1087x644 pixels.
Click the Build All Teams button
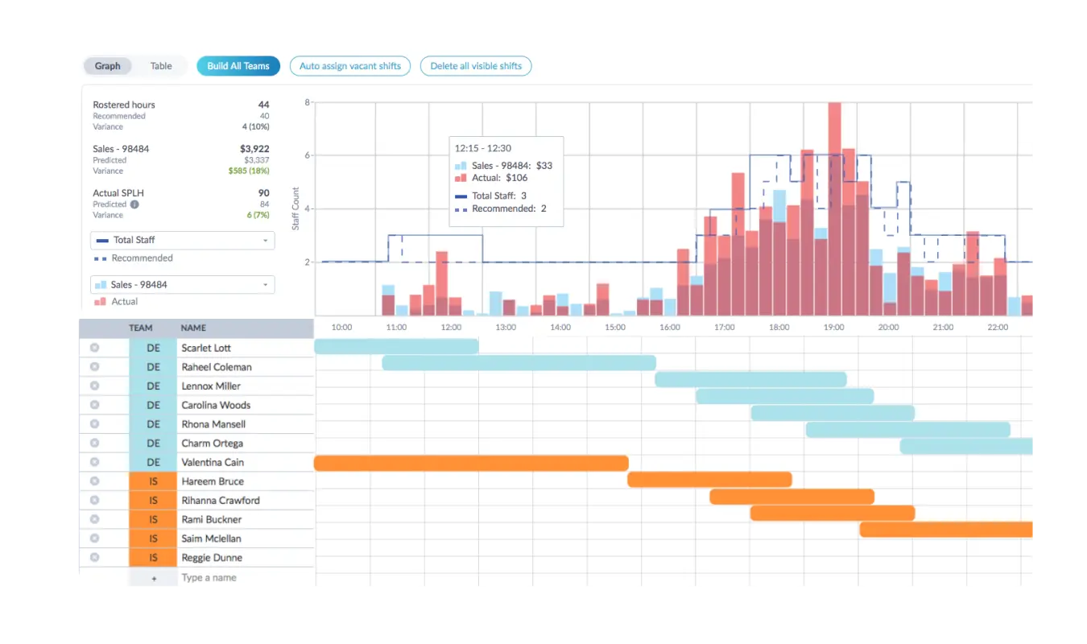click(238, 66)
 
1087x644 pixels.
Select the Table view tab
click(160, 66)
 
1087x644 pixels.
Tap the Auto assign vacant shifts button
click(350, 66)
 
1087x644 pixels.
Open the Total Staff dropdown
click(183, 240)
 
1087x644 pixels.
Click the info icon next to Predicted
click(134, 204)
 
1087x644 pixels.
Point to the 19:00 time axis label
click(833, 327)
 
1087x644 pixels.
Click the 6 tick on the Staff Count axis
click(307, 155)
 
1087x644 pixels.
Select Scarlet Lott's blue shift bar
click(396, 346)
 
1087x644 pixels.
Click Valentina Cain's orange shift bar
click(471, 463)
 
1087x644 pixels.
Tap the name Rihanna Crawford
click(221, 501)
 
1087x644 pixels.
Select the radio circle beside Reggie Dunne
click(95, 557)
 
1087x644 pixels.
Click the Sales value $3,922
click(254, 148)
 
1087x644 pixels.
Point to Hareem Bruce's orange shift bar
click(709, 480)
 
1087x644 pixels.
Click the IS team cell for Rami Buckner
click(153, 519)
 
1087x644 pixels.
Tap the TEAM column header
click(141, 328)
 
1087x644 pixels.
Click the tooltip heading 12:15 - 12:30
click(483, 148)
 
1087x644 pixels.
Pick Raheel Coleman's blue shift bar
click(519, 363)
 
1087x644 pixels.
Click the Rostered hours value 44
click(263, 105)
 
